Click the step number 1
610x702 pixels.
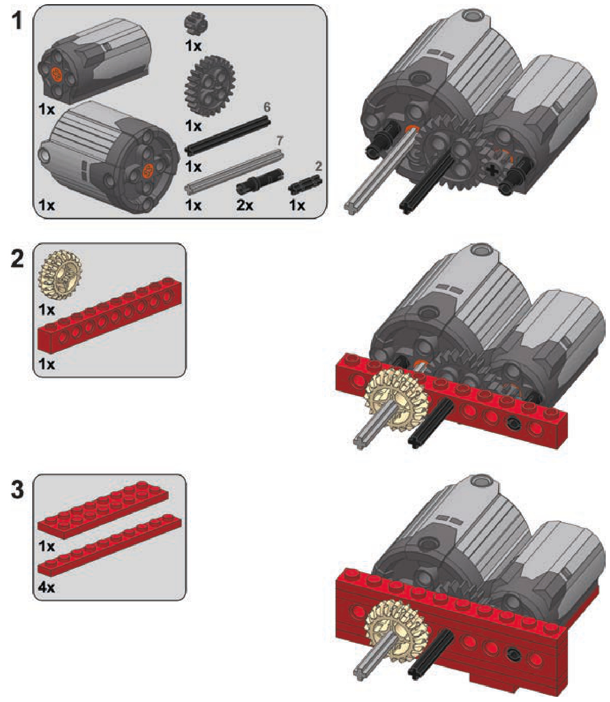[x=16, y=20]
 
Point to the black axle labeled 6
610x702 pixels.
[x=228, y=135]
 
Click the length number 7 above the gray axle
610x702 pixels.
[x=280, y=141]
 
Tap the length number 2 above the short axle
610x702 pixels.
[x=318, y=166]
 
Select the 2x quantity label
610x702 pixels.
[x=245, y=205]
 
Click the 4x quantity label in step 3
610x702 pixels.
[x=46, y=587]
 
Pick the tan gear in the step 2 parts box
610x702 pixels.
[x=60, y=273]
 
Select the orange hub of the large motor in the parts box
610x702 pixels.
[x=147, y=171]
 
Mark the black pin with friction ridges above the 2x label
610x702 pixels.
[x=260, y=181]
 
